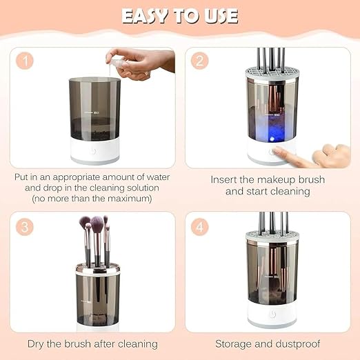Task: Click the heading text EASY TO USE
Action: [x=180, y=15]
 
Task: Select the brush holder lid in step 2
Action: [x=270, y=72]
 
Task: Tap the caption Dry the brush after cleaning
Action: [x=92, y=343]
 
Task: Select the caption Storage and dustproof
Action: [x=266, y=343]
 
